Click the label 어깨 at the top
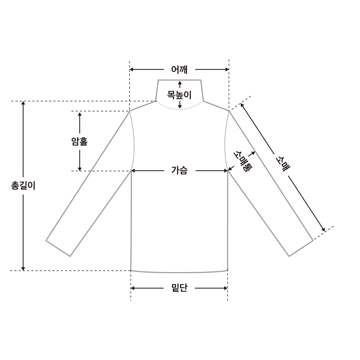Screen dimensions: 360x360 pyautogui.click(x=179, y=69)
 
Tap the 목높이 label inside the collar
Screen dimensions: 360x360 pyautogui.click(x=179, y=95)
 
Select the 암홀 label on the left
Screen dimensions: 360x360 pyautogui.click(x=80, y=141)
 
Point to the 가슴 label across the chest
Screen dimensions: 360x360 pyautogui.click(x=179, y=171)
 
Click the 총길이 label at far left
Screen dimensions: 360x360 pyautogui.click(x=23, y=186)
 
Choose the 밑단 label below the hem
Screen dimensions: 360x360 pyautogui.click(x=179, y=288)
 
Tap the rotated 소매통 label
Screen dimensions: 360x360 pyautogui.click(x=243, y=161)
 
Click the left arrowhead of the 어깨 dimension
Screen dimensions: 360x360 pyautogui.click(x=131, y=69)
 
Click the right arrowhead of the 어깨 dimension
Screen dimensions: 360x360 pyautogui.click(x=227, y=69)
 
